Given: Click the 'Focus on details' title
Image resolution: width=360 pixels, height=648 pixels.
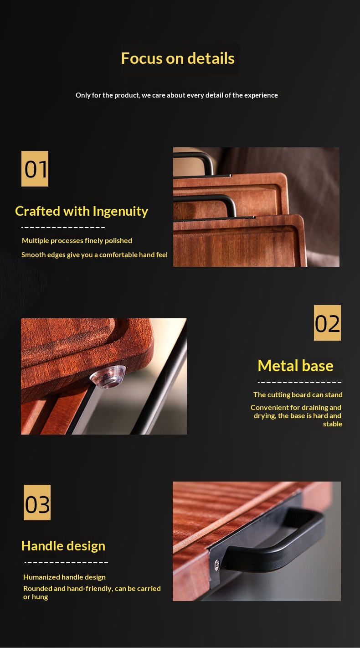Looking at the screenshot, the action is point(178,58).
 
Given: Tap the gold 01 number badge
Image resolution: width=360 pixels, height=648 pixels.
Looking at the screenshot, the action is point(35,169).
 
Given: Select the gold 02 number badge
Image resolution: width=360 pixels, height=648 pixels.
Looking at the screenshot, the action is point(327,322).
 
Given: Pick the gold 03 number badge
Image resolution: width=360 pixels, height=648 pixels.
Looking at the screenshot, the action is point(37,503).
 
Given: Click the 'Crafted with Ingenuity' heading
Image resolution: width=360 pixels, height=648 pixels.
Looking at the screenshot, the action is point(82,212).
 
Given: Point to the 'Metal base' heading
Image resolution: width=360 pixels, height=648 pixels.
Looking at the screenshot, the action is point(295,366).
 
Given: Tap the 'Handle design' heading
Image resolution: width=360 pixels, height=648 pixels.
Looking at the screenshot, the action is point(63,546).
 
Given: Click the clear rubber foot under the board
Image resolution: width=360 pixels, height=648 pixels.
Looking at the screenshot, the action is point(108,376).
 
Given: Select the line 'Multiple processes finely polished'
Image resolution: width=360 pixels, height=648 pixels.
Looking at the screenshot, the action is point(77,241).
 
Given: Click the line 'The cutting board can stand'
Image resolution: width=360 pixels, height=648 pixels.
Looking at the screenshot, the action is point(298,395).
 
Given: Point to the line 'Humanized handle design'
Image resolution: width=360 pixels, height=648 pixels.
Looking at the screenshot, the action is point(65,577).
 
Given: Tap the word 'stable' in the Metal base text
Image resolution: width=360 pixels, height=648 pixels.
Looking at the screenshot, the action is point(333,424).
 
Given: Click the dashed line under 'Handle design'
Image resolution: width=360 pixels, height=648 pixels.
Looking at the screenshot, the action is point(66,563).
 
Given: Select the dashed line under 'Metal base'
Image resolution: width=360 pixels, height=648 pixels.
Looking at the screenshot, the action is point(299,383).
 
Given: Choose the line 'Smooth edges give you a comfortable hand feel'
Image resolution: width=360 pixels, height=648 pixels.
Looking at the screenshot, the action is point(94,255).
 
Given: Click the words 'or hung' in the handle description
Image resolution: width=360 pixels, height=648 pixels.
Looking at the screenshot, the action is point(36,597).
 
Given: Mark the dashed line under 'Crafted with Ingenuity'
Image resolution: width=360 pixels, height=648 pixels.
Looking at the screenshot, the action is point(63,228).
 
